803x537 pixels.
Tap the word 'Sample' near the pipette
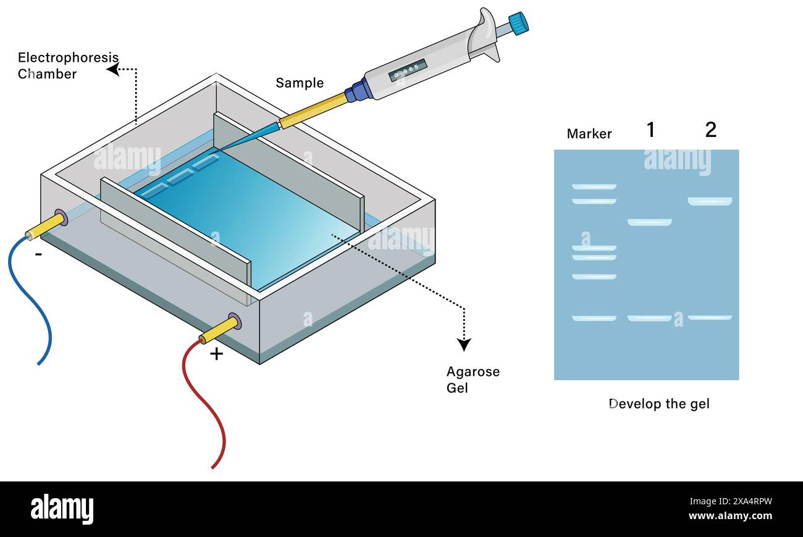click(300, 83)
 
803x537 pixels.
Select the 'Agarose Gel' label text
click(473, 380)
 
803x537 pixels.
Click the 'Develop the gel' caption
click(659, 404)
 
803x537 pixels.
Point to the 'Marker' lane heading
click(589, 134)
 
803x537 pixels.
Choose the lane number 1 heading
click(650, 130)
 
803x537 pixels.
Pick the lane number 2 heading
click(710, 130)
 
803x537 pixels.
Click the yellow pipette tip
click(312, 110)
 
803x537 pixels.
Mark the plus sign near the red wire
click(216, 354)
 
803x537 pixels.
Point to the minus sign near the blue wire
click(38, 254)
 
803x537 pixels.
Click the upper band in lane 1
click(649, 222)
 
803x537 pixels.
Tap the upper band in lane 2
click(710, 201)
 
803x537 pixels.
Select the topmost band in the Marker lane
click(594, 186)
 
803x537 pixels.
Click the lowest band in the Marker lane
click(594, 318)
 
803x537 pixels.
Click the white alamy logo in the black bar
click(62, 509)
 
